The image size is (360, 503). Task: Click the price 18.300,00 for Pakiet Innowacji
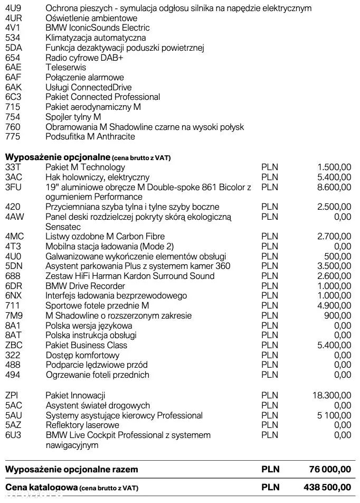(x=331, y=395)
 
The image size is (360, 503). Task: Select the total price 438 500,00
(x=329, y=487)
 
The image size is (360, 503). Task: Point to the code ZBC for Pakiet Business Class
(x=14, y=345)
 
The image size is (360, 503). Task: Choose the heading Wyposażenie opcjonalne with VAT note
(x=88, y=157)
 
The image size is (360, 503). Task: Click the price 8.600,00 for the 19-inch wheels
(x=334, y=187)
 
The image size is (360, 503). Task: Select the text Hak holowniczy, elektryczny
(x=98, y=177)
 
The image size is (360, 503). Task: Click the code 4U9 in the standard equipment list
(x=13, y=8)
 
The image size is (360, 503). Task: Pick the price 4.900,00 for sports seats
(x=334, y=305)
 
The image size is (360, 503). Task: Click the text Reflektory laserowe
(x=82, y=425)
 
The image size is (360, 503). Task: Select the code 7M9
(x=14, y=315)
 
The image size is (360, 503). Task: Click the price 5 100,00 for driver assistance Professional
(x=333, y=415)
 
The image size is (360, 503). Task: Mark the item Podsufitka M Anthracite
(x=90, y=136)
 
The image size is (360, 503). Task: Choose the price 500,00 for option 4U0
(x=338, y=256)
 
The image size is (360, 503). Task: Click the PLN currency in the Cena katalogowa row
(x=270, y=487)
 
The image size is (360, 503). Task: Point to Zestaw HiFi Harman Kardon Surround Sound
(x=130, y=276)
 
